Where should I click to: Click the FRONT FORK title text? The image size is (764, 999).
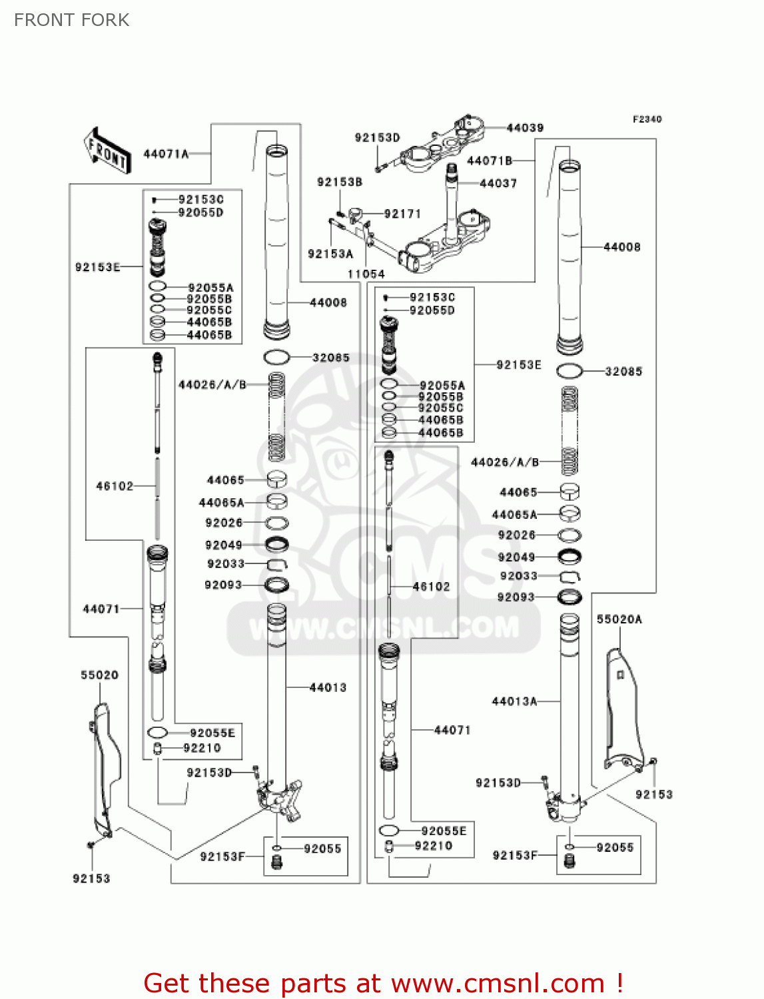tap(72, 20)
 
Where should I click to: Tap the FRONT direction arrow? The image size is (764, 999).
tap(107, 151)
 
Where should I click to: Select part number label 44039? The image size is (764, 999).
tap(525, 128)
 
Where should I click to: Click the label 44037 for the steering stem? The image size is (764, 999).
tap(498, 183)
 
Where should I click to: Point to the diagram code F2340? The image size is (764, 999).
tap(647, 119)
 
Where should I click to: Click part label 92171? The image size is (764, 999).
tap(403, 214)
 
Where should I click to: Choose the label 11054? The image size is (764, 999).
tap(366, 274)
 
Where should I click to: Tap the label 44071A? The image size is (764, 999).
tap(166, 155)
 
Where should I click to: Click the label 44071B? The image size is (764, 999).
tap(490, 161)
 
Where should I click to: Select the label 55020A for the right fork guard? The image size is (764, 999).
tap(619, 619)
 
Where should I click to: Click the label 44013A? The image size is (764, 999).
tap(514, 701)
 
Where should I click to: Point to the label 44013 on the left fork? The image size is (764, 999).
tap(328, 687)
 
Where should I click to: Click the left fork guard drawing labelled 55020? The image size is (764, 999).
tap(105, 769)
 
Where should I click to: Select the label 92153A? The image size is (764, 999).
tap(330, 254)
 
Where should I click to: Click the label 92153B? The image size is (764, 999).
tap(340, 182)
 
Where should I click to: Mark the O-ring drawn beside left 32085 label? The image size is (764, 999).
tap(276, 358)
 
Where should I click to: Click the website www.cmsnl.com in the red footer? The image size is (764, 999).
tap(498, 983)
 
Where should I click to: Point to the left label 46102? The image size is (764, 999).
tap(115, 486)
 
